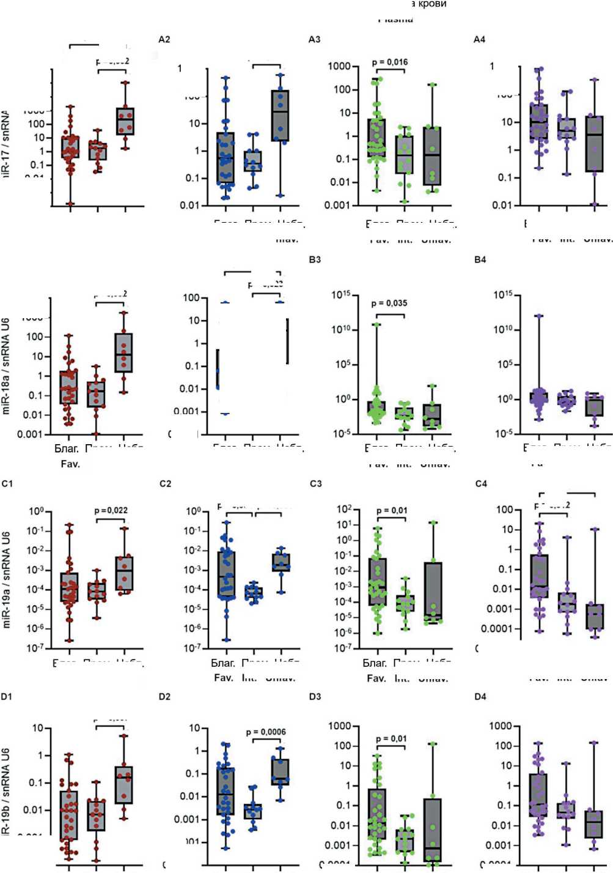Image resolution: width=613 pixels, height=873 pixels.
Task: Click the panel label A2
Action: click(x=164, y=39)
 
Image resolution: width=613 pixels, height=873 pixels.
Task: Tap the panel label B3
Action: click(x=315, y=259)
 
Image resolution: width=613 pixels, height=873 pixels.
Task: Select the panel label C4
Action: click(x=481, y=483)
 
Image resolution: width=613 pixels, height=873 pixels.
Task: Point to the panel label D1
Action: click(x=7, y=696)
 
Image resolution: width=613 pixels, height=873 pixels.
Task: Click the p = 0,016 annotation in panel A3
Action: click(x=389, y=62)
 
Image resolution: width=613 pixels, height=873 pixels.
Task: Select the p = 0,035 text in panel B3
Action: click(x=389, y=303)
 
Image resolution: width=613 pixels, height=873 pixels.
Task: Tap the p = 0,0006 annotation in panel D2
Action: click(x=266, y=732)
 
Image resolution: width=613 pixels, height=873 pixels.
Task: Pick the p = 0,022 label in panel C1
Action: click(x=111, y=510)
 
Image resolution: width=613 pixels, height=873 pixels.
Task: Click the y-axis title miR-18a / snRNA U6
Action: click(x=7, y=366)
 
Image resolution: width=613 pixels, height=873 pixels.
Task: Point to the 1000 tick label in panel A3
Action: click(x=339, y=66)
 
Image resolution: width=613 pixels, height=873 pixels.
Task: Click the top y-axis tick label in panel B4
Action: click(x=503, y=295)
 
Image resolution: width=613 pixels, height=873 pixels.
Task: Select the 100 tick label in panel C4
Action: click(x=504, y=510)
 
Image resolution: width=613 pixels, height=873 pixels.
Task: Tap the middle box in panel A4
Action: click(x=567, y=128)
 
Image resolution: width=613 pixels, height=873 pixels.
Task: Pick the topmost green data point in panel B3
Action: click(x=376, y=324)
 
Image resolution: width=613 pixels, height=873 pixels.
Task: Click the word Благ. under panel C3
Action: click(x=375, y=663)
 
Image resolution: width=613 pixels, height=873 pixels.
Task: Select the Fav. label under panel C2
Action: click(x=224, y=678)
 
